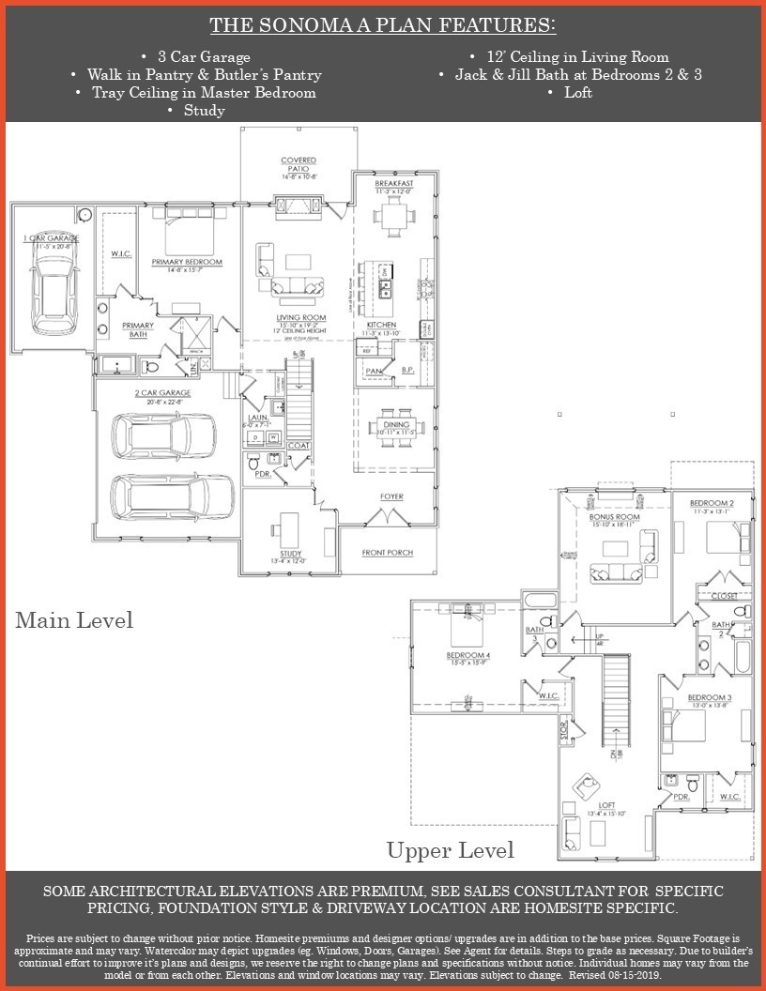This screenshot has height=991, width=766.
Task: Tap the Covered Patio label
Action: [299, 165]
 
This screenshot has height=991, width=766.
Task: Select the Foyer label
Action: [391, 495]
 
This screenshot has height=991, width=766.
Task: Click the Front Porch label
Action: [388, 553]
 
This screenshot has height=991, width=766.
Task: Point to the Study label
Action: [291, 555]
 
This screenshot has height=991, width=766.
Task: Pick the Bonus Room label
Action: [614, 517]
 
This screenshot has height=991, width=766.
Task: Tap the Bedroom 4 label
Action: [466, 654]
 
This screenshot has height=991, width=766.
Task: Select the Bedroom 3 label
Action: [709, 697]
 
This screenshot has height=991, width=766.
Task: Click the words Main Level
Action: [73, 620]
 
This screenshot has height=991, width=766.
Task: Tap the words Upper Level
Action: [451, 850]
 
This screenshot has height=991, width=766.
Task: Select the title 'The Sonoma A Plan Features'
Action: [382, 24]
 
